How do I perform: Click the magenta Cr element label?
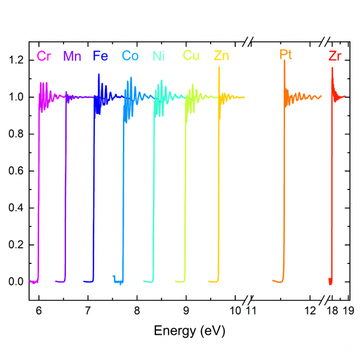pos(44,56)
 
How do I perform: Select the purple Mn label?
pos(73,56)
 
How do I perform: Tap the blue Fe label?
pos(100,56)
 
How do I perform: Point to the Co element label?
pos(130,56)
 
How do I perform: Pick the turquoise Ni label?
pos(158,56)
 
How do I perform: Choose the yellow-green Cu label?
pos(191,56)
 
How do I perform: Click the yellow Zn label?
pos(221,56)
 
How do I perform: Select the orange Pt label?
pos(286,55)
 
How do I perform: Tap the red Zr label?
pos(335,56)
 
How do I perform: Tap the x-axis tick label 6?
pos(39,310)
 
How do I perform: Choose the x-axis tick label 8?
pos(137,310)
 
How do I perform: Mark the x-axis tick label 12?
pos(310,310)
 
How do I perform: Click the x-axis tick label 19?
pos(346,310)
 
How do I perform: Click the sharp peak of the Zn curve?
pos(219,67)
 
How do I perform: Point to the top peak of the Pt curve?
pos(284,61)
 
